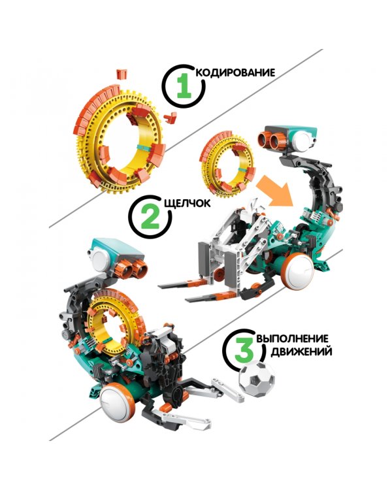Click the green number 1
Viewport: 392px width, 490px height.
(x=184, y=86)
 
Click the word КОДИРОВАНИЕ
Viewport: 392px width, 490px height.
(x=236, y=73)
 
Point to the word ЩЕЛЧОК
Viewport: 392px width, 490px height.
(x=188, y=203)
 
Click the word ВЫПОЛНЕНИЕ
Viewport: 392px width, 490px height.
(x=292, y=338)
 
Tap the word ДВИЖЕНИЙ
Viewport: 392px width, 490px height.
(x=301, y=351)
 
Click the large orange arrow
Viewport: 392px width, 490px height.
(x=274, y=191)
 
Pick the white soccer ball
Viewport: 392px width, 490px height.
(x=257, y=379)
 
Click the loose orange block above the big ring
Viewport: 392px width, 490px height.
(x=122, y=74)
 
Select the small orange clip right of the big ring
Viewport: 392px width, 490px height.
(x=170, y=118)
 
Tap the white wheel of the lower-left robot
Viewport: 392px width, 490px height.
(x=115, y=400)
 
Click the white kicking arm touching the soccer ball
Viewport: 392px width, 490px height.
(x=227, y=387)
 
